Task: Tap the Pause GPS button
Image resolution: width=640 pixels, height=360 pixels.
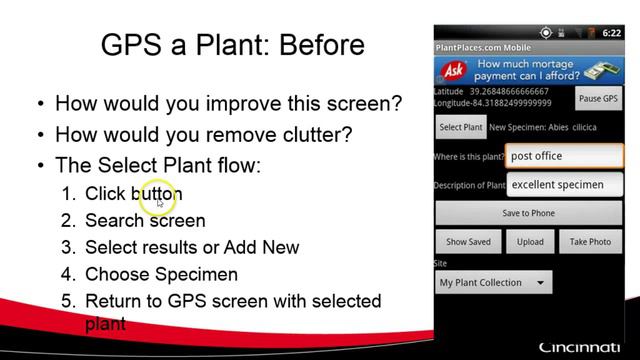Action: pos(598,99)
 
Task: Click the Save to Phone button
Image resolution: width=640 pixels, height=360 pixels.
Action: pos(528,213)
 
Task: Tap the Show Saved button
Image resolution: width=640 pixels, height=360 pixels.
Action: pos(468,242)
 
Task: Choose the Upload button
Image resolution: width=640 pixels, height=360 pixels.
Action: pos(530,242)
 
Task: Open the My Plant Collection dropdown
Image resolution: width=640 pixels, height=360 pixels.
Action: pos(493,283)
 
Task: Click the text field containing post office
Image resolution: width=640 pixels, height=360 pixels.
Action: pos(564,156)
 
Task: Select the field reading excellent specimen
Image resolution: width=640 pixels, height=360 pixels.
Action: pos(564,185)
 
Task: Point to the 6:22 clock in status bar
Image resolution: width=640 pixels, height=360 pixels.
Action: pos(611,33)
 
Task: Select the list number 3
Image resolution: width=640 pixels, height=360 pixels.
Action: pos(68,247)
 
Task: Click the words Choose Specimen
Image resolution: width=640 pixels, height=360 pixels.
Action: pos(162,274)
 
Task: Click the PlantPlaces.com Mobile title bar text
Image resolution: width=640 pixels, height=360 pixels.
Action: pos(483,48)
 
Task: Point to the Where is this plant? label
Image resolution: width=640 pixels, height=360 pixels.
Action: pos(469,157)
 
